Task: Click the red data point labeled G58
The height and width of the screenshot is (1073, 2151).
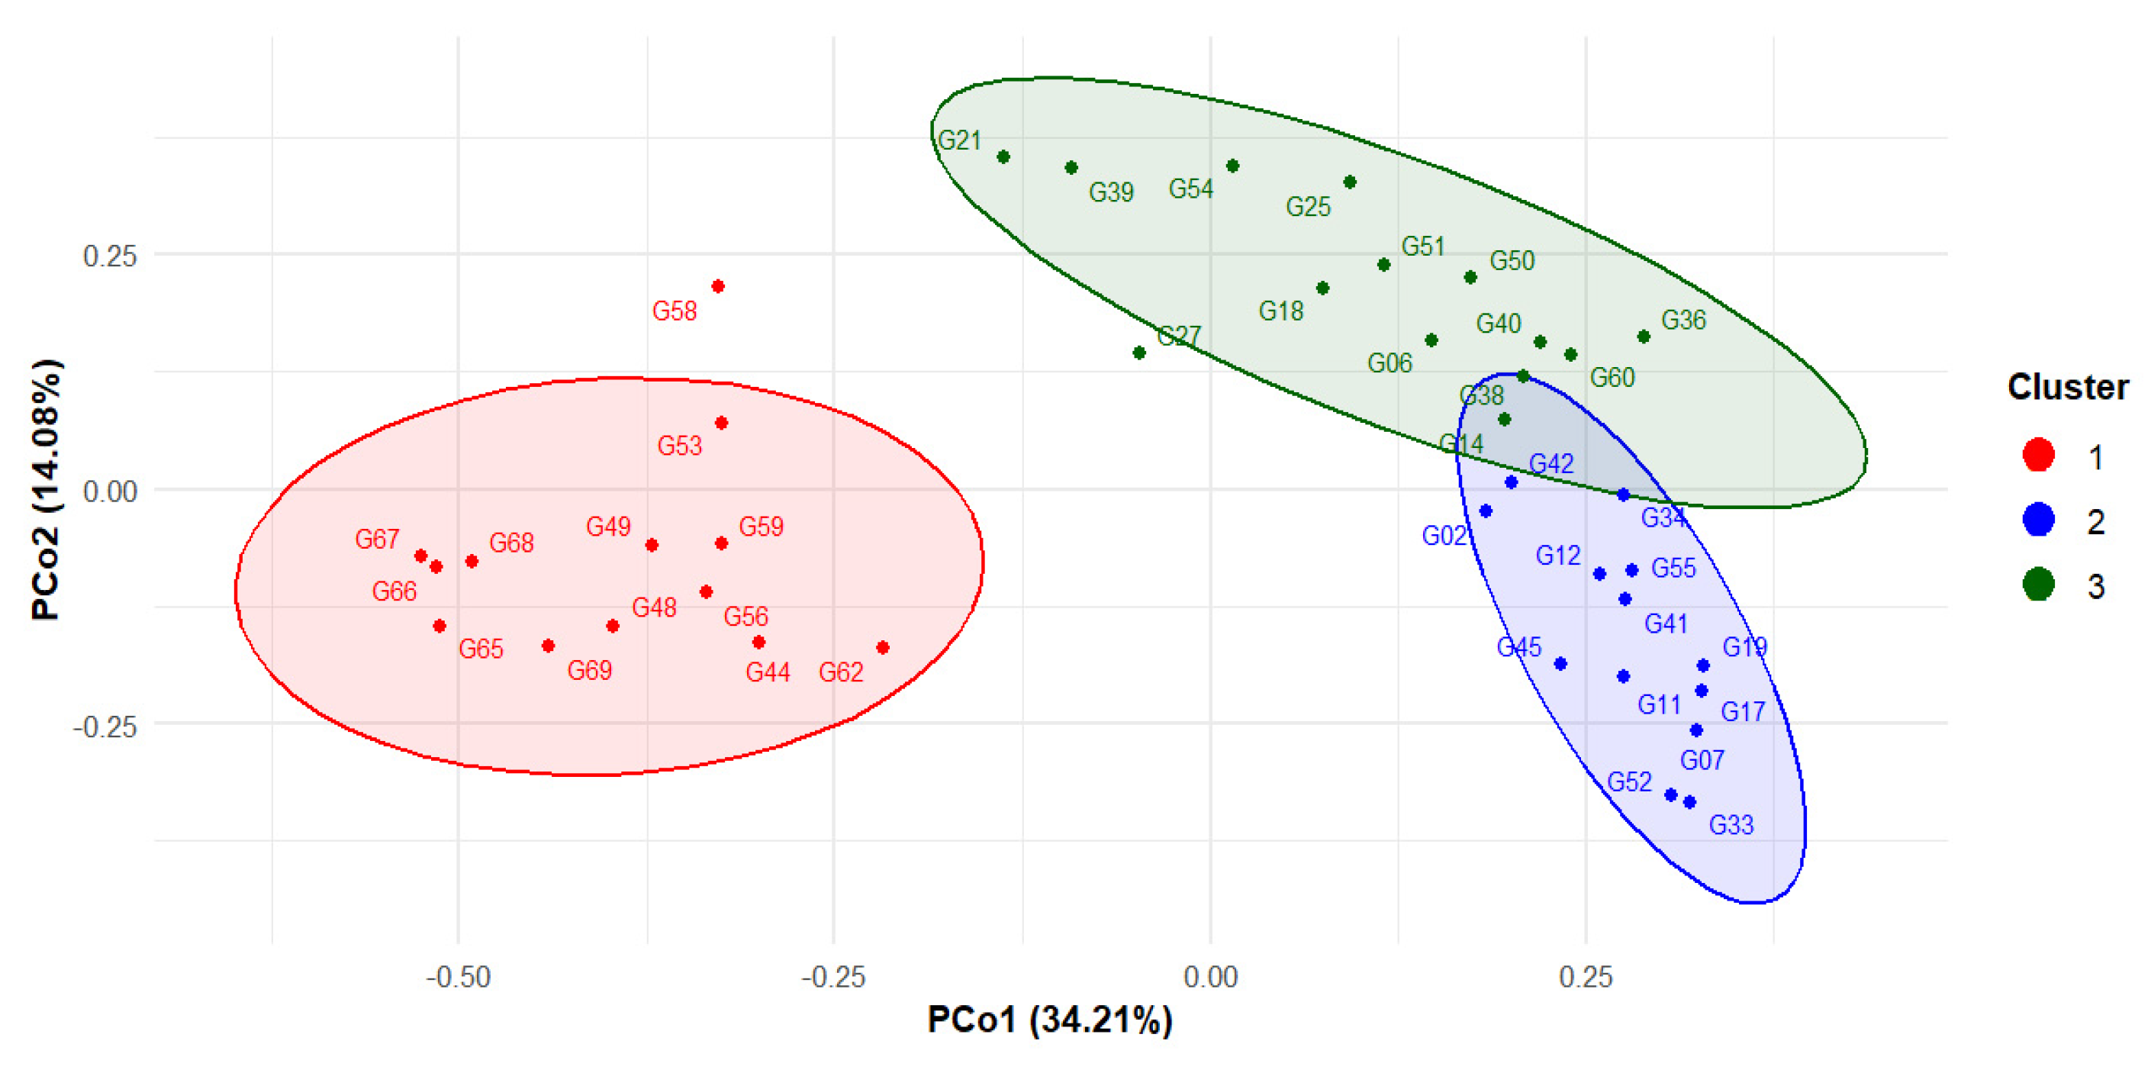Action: point(717,286)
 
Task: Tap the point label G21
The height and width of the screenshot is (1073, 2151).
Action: point(959,140)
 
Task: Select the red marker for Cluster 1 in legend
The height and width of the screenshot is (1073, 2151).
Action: point(2038,455)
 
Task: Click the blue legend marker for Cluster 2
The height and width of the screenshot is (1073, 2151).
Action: point(2038,520)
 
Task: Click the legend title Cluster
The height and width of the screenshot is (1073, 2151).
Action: point(2068,388)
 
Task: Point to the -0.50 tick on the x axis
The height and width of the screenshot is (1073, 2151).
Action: point(458,976)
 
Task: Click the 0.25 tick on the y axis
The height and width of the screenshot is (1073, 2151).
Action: point(109,256)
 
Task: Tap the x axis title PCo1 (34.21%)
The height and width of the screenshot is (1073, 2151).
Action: point(1050,1020)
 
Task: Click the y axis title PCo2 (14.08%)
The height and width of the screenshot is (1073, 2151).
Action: point(46,489)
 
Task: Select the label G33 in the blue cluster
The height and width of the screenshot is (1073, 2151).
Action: point(1731,825)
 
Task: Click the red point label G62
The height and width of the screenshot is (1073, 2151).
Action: point(840,672)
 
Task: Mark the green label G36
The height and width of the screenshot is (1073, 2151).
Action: point(1682,320)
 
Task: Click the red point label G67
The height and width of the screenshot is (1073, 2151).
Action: point(377,540)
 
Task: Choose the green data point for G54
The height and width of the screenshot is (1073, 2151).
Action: point(1232,166)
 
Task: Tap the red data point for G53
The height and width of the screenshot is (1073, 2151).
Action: point(722,424)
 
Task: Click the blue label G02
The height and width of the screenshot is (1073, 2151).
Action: point(1444,536)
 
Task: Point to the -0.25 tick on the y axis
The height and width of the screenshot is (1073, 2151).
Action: point(105,727)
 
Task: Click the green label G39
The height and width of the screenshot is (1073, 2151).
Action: point(1110,192)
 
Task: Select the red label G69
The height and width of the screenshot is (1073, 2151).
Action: point(590,670)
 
